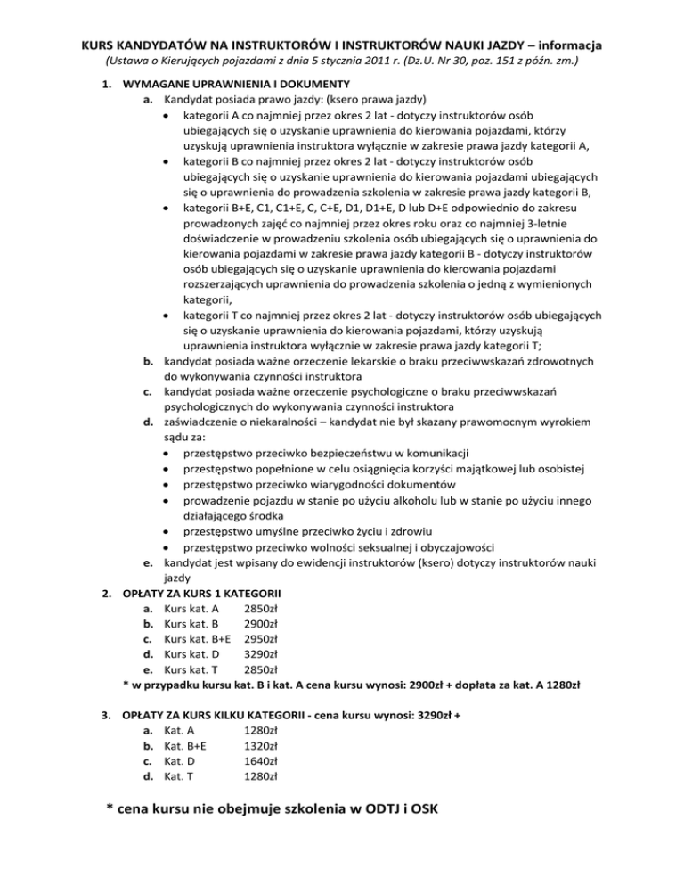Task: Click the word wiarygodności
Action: [338, 484]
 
